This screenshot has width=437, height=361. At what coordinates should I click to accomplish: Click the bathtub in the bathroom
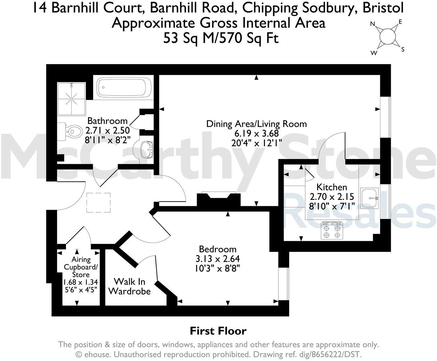(x=124, y=87)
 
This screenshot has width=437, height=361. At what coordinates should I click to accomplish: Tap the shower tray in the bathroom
(x=71, y=99)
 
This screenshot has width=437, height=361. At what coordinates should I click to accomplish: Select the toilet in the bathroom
(x=70, y=132)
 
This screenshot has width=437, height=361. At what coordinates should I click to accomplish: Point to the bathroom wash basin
(x=147, y=149)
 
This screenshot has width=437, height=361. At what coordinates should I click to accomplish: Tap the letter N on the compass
(x=372, y=24)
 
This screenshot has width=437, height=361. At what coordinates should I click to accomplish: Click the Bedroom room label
(x=218, y=249)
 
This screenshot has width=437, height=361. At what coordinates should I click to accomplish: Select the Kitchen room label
(x=332, y=187)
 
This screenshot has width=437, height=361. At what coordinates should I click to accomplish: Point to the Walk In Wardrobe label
(x=129, y=286)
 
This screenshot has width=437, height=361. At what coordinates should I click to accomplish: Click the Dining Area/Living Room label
(x=257, y=124)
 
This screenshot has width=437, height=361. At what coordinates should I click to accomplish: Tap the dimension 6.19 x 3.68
(x=257, y=133)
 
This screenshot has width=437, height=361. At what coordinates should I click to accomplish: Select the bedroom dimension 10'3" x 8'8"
(x=218, y=268)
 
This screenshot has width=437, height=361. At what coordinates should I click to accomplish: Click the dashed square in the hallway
(x=98, y=202)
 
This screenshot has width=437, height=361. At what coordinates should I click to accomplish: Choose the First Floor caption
(x=218, y=331)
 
